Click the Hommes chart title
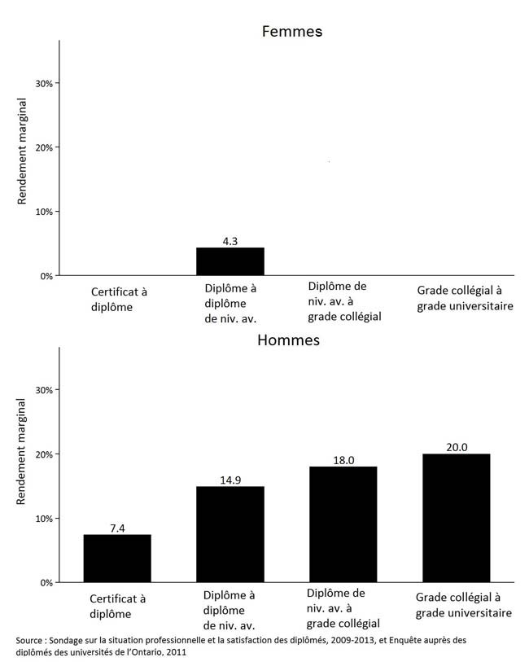(x=288, y=340)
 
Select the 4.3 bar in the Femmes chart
(x=230, y=261)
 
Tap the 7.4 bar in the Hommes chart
(x=117, y=558)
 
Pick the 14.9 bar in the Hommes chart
(x=230, y=534)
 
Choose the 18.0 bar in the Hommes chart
(x=343, y=524)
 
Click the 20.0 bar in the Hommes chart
(x=457, y=518)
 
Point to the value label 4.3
(x=230, y=241)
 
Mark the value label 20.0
(x=457, y=447)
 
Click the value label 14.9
(x=230, y=480)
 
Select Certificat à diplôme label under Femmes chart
(x=119, y=299)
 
